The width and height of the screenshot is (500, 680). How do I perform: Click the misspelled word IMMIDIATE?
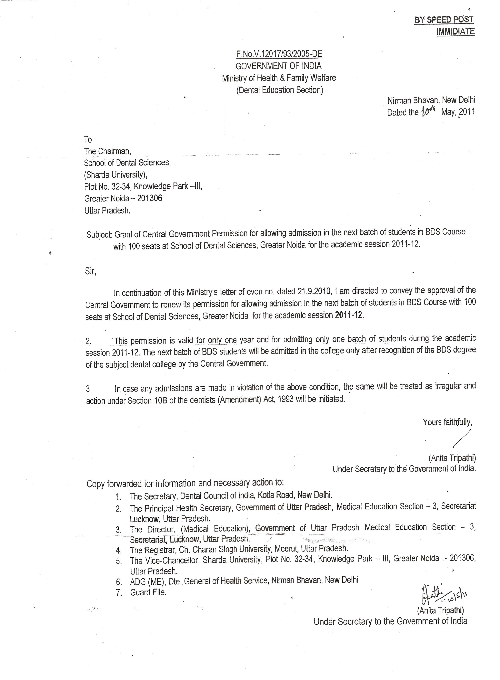[455, 32]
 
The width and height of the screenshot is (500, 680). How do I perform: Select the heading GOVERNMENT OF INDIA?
[278, 66]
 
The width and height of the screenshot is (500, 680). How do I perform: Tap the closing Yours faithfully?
[447, 422]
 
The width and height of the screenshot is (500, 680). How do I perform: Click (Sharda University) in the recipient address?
[116, 175]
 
